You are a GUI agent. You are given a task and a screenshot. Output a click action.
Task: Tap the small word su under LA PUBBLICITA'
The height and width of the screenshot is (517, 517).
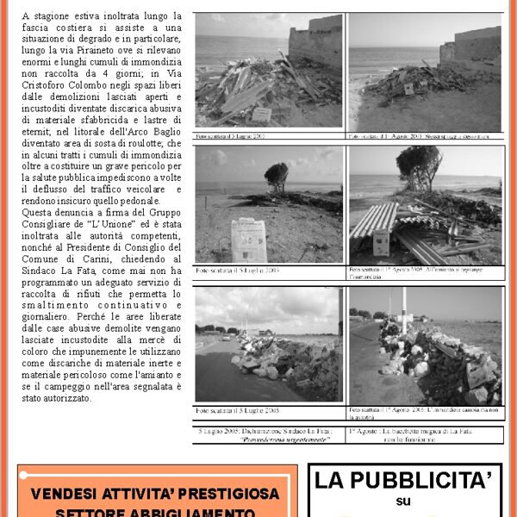(404, 501)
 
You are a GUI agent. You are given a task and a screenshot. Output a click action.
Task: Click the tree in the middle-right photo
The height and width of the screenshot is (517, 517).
(420, 163)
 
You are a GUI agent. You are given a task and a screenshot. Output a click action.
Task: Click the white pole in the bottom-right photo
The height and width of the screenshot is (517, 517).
(402, 311)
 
